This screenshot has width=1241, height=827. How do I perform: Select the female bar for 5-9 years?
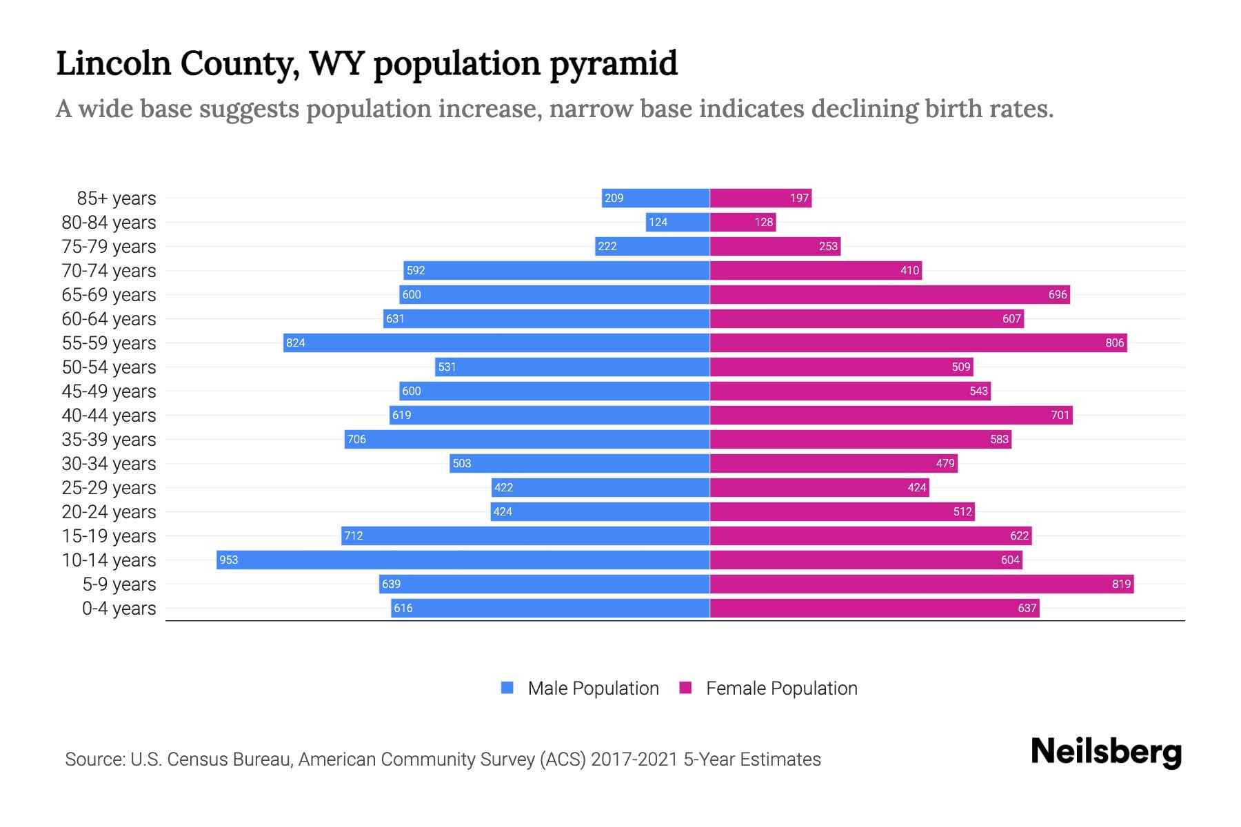[x=922, y=584]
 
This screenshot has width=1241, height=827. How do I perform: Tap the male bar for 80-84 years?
[x=678, y=222]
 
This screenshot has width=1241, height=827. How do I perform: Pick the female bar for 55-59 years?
[x=918, y=343]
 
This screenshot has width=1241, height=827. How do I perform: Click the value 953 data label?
[x=228, y=560]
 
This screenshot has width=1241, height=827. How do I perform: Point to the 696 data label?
[x=1058, y=294]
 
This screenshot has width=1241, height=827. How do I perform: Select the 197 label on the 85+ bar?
[x=799, y=198]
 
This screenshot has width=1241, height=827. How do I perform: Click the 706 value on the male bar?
[x=356, y=439]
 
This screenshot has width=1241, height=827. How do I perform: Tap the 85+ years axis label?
[x=117, y=198]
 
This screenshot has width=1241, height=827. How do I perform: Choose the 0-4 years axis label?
[x=119, y=609]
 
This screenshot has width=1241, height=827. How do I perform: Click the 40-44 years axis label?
[x=109, y=416]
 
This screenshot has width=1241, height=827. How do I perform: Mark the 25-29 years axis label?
[x=109, y=488]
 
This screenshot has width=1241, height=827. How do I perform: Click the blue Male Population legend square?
[x=507, y=688]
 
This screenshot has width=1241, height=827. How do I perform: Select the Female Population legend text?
[x=781, y=688]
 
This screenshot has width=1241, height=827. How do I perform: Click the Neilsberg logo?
[x=1106, y=752]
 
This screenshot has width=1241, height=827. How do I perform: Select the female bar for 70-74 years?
[x=816, y=270]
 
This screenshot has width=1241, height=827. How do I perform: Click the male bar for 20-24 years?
[x=600, y=511]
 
